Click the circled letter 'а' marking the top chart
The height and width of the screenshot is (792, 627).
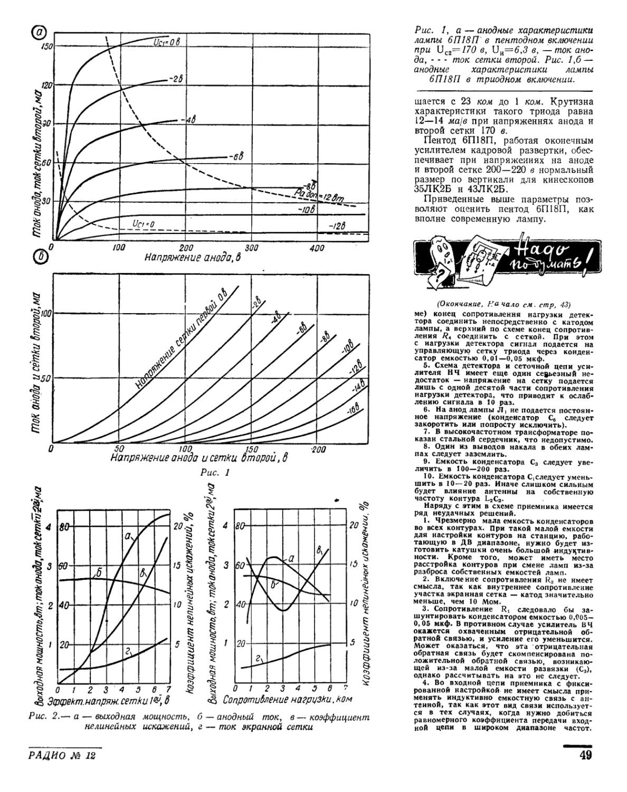(38, 33)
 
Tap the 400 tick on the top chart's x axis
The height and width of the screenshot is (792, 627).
(317, 248)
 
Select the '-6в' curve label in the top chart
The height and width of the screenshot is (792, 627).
(235, 156)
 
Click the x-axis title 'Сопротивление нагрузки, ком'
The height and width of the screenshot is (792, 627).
(284, 700)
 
